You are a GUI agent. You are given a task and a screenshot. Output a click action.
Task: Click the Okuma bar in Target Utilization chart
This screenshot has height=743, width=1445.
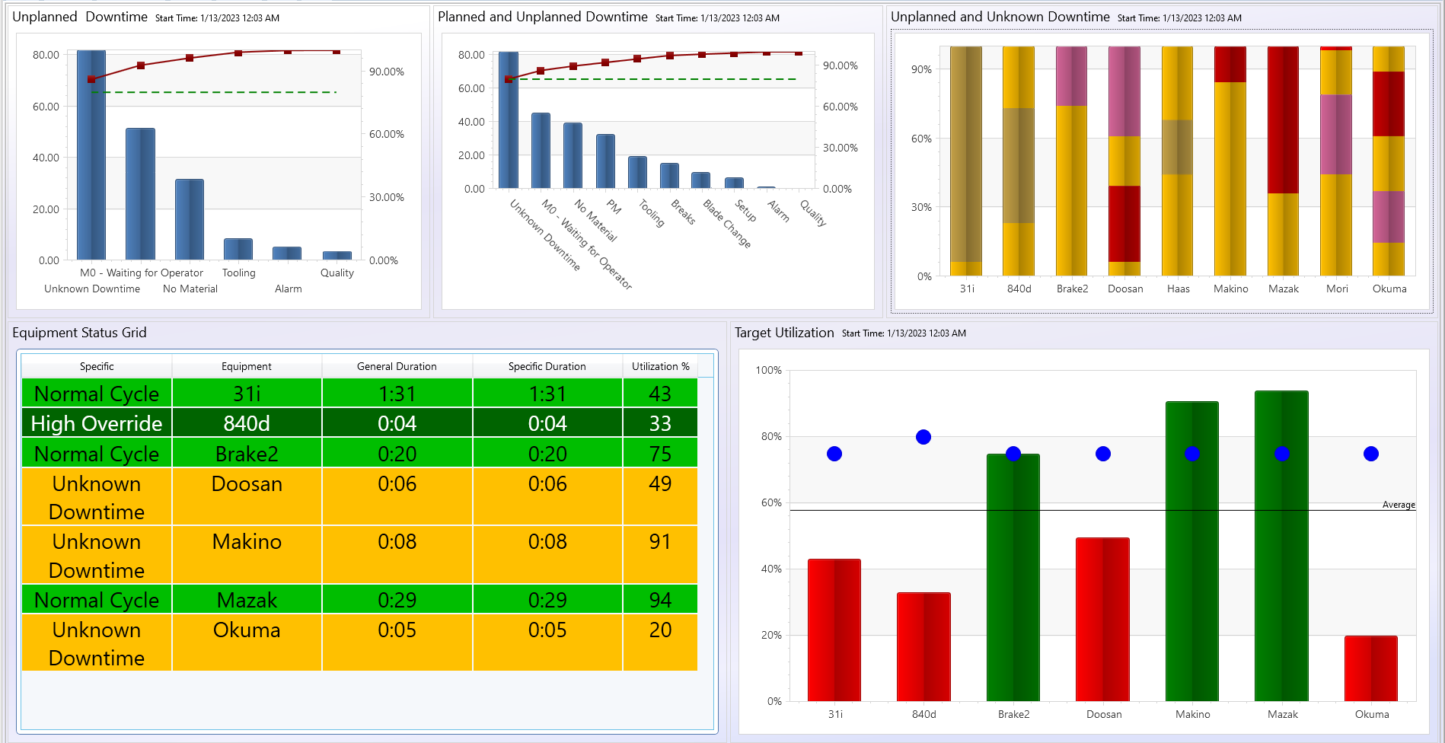point(1370,668)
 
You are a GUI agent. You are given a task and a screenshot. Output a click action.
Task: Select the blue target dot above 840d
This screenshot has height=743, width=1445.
point(923,437)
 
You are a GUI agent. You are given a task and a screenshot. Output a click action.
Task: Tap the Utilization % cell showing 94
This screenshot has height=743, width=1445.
point(659,600)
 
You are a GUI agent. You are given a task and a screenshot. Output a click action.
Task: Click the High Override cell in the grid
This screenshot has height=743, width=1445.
point(97,423)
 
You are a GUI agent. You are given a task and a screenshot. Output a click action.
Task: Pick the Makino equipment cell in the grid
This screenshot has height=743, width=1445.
point(247,542)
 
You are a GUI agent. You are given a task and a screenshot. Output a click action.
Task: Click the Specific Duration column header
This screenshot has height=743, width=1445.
point(547,366)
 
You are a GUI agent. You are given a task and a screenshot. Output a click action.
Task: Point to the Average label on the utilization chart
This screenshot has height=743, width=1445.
point(1398,505)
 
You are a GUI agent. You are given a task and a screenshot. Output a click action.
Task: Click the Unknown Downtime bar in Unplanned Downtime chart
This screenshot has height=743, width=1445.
point(91,156)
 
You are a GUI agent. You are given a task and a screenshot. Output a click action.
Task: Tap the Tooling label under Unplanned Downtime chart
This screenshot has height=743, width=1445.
point(238,273)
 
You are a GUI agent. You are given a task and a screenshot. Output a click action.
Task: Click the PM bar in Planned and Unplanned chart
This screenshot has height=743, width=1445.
point(605,161)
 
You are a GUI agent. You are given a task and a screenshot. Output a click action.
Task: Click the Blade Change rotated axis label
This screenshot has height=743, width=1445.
point(726,224)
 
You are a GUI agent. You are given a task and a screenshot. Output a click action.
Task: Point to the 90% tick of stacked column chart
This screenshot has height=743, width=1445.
point(921,69)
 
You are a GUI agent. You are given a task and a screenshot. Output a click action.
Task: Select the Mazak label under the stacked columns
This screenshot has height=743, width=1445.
point(1283,289)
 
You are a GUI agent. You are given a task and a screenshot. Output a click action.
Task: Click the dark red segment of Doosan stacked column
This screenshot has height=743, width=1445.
point(1124,224)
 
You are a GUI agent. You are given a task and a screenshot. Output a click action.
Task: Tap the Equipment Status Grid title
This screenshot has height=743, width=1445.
point(79,333)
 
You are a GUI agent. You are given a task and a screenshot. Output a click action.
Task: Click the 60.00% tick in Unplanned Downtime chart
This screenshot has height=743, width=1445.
point(386,134)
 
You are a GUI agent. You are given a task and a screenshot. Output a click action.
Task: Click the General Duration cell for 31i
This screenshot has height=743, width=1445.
point(397,394)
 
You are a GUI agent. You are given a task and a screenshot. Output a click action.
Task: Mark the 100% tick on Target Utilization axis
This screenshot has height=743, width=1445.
point(768,370)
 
